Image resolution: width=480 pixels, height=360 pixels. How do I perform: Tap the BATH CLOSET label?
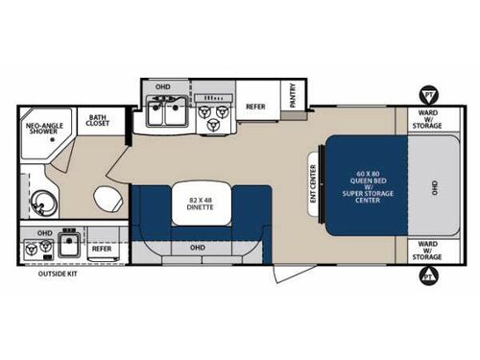[97, 121]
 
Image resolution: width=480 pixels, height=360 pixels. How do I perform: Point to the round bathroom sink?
[41, 201]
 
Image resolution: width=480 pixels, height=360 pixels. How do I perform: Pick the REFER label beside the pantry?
[255, 107]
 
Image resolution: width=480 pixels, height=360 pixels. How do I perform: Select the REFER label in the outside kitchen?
[101, 249]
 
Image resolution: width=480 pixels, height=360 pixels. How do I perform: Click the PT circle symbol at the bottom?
[427, 276]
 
